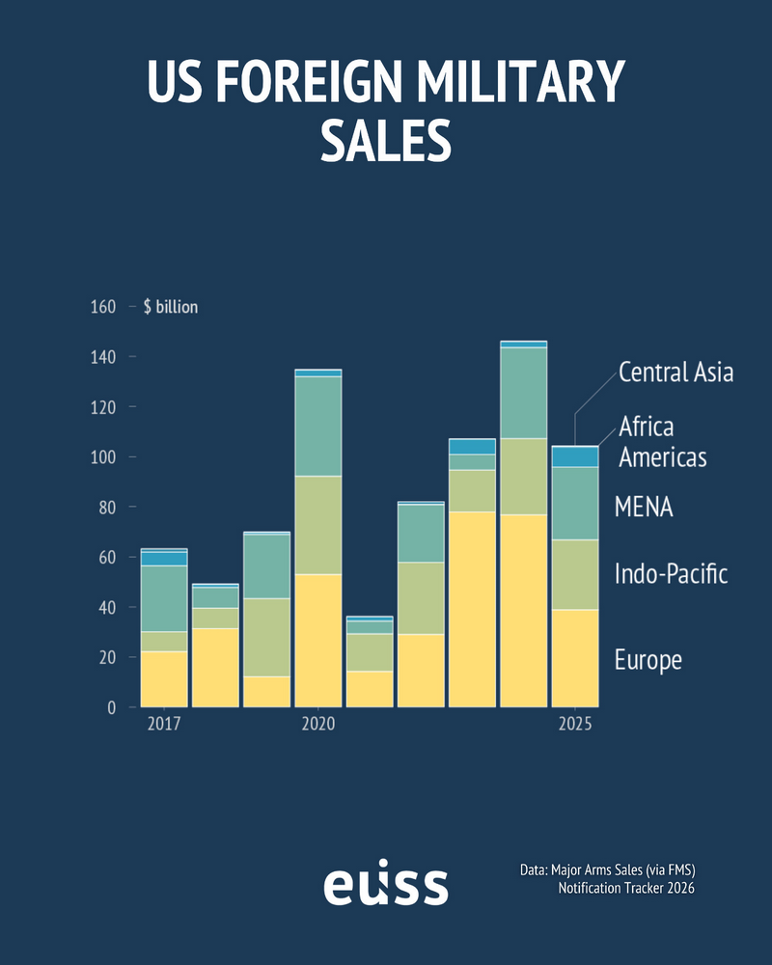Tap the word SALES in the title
386,140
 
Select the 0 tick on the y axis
112,707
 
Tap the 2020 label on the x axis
317,724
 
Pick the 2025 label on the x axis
574,724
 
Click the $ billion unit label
170,307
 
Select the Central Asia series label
675,372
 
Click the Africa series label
646,426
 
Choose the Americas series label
662,456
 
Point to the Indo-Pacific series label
671,575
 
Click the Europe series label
648,660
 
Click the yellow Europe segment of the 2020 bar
317,641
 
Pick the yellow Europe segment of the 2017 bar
164,679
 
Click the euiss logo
385,885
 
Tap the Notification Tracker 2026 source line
625,888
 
